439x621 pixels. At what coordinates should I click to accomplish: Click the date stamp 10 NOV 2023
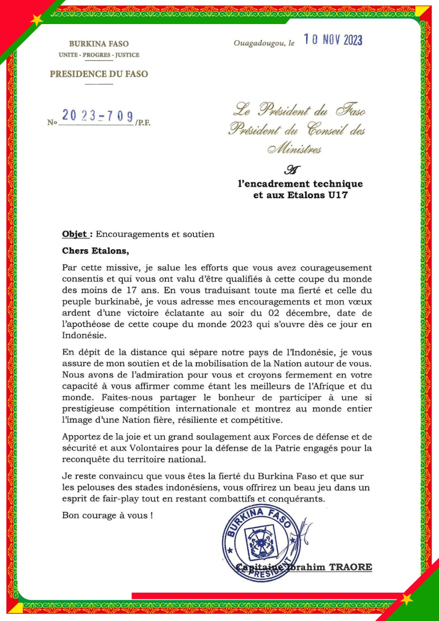[x=333, y=40]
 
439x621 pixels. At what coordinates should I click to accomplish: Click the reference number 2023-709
[x=97, y=116]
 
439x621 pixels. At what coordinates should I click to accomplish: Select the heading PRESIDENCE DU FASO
[x=99, y=74]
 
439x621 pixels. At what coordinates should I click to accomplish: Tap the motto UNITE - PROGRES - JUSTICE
[x=99, y=55]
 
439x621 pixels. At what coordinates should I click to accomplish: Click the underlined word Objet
[x=75, y=234]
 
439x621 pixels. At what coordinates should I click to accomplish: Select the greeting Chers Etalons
[x=95, y=251]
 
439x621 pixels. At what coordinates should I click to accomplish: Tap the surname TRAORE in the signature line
[x=350, y=567]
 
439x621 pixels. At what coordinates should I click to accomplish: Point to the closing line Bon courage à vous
[x=107, y=515]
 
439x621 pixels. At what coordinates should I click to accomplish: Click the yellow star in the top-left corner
[x=36, y=19]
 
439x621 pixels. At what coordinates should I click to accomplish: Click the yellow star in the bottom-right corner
[x=406, y=599]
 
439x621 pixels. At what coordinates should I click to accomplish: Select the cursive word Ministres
[x=295, y=149]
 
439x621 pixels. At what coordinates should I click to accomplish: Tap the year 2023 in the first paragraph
[x=241, y=324]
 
